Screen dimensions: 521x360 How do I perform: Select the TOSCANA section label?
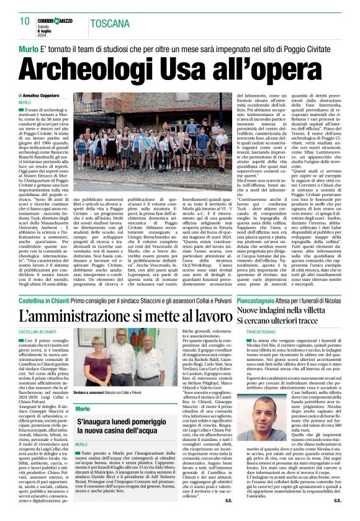click(110, 24)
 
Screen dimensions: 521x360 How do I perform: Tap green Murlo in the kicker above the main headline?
click(29, 47)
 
